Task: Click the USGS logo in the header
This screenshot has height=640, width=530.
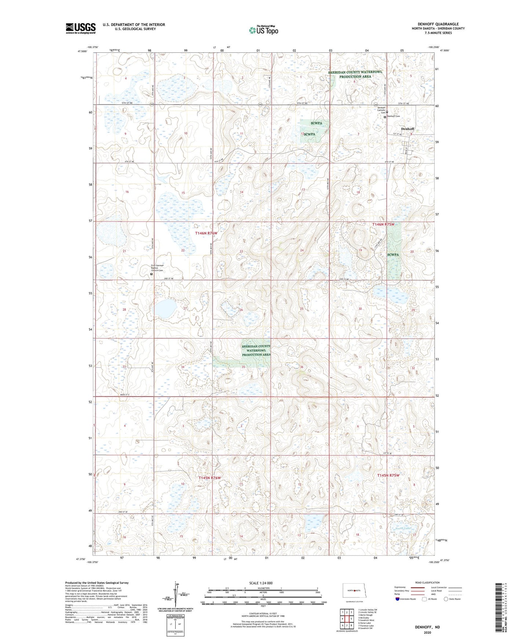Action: tap(80, 28)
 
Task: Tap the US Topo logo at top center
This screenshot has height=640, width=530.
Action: tap(263, 30)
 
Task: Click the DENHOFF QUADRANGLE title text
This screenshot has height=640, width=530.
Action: tap(438, 24)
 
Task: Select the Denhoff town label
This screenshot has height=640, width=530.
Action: tap(407, 129)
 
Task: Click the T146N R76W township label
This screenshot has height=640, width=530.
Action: tap(206, 233)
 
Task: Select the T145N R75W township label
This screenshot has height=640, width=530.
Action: tap(388, 475)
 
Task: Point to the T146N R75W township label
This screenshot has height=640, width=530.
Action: tap(383, 224)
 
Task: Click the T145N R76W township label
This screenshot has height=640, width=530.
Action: tap(210, 478)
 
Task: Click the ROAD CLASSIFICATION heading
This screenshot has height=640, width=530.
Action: tap(427, 582)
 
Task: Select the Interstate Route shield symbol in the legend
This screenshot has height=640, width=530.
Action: tap(398, 599)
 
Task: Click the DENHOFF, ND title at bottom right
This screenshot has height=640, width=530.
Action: tap(427, 627)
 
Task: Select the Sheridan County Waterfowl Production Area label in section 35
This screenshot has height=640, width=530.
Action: tap(256, 350)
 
